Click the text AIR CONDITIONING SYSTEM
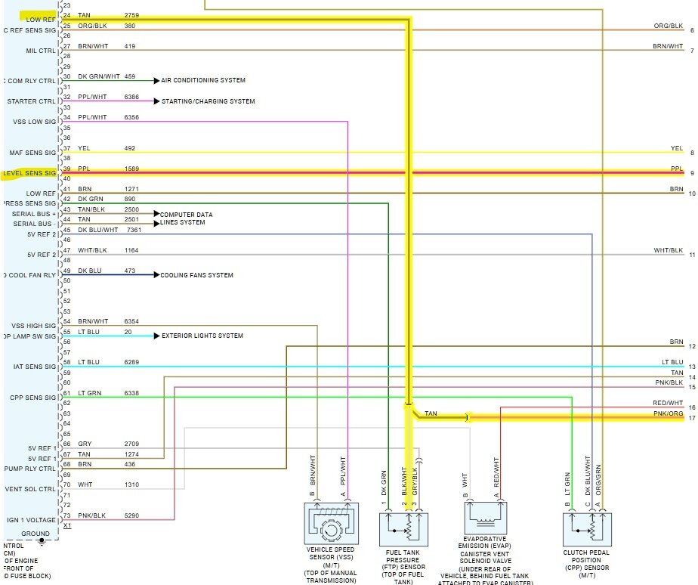[x=203, y=80]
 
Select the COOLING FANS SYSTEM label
[x=196, y=275]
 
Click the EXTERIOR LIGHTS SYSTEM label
[x=202, y=336]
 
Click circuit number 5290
[x=132, y=516]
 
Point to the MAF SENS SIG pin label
[x=32, y=153]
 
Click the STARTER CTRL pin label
[x=32, y=101]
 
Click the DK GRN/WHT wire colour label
[x=98, y=76]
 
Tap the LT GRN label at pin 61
[x=88, y=393]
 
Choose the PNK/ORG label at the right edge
[x=668, y=413]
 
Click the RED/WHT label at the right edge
[x=668, y=404]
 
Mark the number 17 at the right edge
[x=691, y=418]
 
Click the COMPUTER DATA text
[x=186, y=215]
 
